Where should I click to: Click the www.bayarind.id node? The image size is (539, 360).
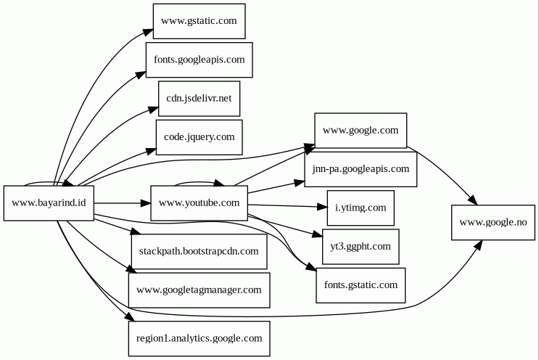pyautogui.click(x=49, y=203)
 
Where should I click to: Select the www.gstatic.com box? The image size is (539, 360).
pyautogui.click(x=199, y=21)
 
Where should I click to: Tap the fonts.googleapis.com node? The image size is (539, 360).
pyautogui.click(x=199, y=60)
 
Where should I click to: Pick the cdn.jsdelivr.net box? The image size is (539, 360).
pyautogui.click(x=199, y=98)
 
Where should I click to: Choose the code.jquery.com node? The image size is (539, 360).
pyautogui.click(x=199, y=136)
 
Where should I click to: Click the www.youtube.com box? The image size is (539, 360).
pyautogui.click(x=199, y=203)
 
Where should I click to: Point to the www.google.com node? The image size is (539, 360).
pyautogui.click(x=361, y=131)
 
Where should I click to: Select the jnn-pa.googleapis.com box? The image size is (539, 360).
pyautogui.click(x=361, y=169)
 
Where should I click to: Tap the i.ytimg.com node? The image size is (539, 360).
pyautogui.click(x=361, y=208)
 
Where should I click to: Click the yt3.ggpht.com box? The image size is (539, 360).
pyautogui.click(x=361, y=246)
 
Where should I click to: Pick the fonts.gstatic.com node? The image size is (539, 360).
pyautogui.click(x=361, y=285)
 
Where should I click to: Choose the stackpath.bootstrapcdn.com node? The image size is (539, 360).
pyautogui.click(x=199, y=251)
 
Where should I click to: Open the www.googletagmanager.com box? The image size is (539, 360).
pyautogui.click(x=199, y=290)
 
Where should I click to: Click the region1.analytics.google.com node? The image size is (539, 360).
pyautogui.click(x=199, y=338)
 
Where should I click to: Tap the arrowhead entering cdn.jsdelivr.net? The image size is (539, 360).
pyautogui.click(x=154, y=110)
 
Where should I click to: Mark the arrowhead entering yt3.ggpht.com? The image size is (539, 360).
pyautogui.click(x=317, y=235)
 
